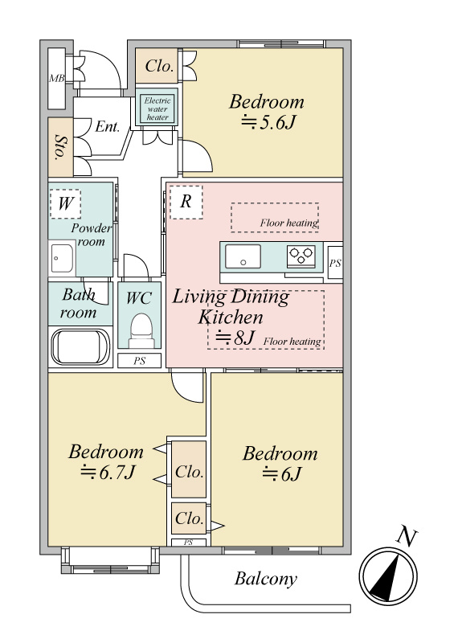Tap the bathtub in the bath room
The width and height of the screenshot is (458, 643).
[80, 346]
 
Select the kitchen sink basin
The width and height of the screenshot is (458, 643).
[243, 256]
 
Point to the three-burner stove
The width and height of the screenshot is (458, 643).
[301, 256]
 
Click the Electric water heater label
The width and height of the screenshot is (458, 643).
[157, 109]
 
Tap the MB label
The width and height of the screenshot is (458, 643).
[57, 78]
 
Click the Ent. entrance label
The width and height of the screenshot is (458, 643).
[108, 127]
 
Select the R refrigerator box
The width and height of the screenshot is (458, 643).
[186, 202]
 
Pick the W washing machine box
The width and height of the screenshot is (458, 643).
[65, 203]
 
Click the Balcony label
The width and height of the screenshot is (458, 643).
[266, 579]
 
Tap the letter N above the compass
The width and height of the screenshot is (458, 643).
[407, 537]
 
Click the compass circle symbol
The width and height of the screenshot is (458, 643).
[388, 576]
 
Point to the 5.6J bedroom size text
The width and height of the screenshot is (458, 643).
[268, 122]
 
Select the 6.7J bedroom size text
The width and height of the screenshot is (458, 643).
[108, 473]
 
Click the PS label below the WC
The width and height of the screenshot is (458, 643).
[140, 361]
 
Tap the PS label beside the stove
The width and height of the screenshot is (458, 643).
[335, 263]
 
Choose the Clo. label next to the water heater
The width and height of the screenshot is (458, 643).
[159, 66]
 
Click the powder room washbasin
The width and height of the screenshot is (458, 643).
[62, 258]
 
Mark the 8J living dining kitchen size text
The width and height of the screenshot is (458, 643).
[235, 338]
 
